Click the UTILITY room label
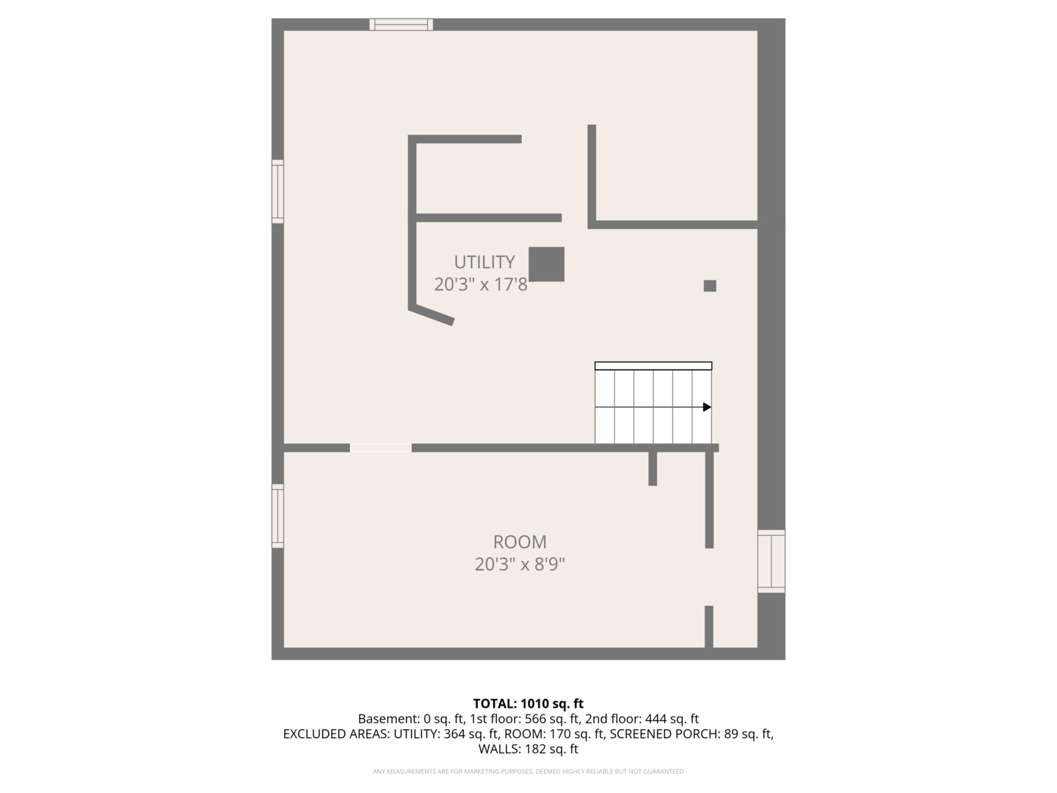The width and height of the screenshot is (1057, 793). [484, 262]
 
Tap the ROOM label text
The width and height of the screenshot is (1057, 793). [520, 542]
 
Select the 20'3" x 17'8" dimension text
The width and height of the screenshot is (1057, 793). [481, 284]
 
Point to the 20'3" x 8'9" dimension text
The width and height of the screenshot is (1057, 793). [520, 565]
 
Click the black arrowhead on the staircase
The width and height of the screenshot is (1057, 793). [707, 407]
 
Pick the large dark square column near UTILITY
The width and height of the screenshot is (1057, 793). [547, 264]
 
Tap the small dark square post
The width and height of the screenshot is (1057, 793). [710, 286]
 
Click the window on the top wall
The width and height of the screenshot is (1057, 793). [401, 24]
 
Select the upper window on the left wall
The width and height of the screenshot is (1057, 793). [277, 191]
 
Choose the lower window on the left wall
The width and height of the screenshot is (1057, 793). [277, 515]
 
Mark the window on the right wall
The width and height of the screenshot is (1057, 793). [771, 561]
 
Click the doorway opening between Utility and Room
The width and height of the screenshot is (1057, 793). [380, 448]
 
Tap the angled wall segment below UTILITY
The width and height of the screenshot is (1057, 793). [432, 316]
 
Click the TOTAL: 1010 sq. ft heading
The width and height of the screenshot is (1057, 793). [528, 703]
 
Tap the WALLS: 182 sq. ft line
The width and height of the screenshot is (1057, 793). [528, 749]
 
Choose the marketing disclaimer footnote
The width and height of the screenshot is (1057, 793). [528, 771]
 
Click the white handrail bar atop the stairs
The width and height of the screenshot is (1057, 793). [653, 366]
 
